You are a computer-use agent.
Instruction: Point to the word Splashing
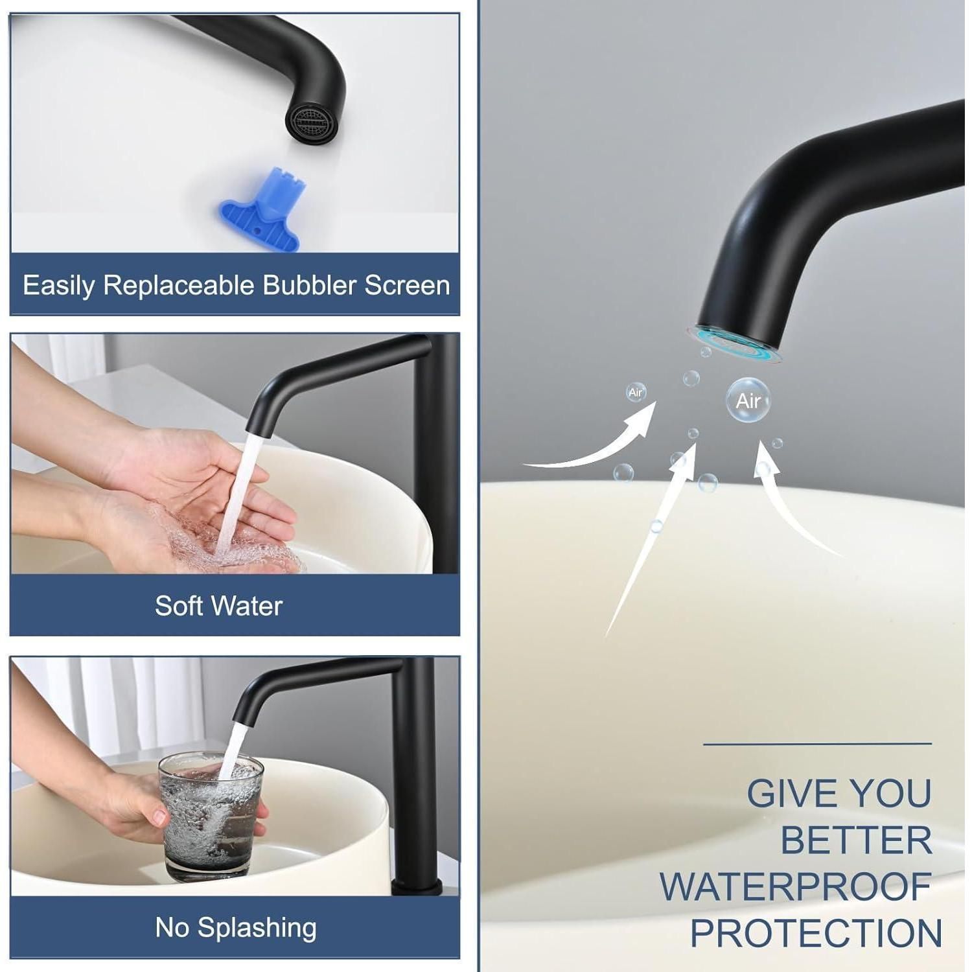[257, 929]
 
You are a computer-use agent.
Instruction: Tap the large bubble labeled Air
[748, 400]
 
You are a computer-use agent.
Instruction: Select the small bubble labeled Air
[636, 393]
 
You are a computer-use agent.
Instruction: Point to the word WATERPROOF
[796, 887]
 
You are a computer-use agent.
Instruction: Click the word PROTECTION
[816, 934]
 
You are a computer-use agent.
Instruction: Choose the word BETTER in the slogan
[856, 840]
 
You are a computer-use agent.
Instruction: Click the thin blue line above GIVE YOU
[817, 744]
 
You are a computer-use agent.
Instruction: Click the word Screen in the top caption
[407, 286]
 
